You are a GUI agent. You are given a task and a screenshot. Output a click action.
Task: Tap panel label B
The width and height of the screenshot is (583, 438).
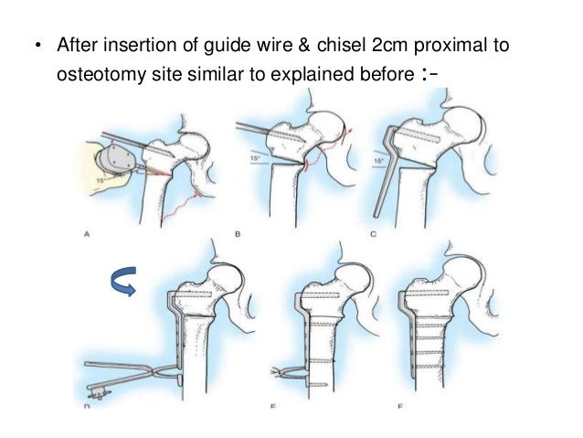click(238, 235)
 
